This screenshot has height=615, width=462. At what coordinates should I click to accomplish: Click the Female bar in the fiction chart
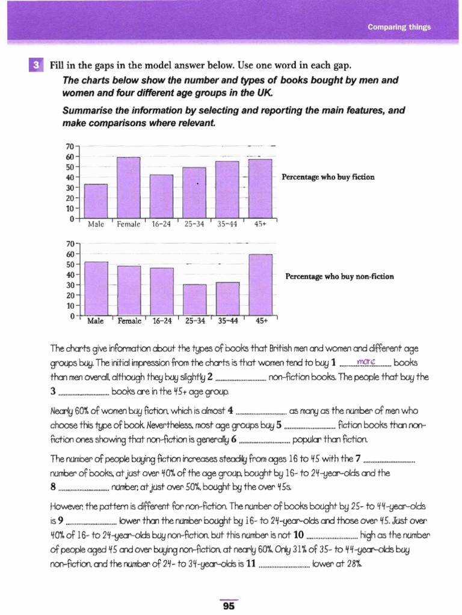pos(128,187)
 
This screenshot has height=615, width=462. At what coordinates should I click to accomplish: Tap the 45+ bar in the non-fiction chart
pos(260,285)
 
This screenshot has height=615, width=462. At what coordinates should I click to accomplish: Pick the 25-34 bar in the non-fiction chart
pos(194,300)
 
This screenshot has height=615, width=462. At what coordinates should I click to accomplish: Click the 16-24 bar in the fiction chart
pos(161,196)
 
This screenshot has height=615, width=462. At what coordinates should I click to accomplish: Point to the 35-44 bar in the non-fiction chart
pos(227,298)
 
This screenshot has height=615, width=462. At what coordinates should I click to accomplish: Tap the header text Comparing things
pos(399,27)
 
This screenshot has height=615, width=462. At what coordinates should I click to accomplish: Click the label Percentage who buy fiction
pos(328,177)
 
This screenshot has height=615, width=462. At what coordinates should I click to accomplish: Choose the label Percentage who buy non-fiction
pos(340,276)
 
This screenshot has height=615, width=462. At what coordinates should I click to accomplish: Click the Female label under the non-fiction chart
pos(129,321)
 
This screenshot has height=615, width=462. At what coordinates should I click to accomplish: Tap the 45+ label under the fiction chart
pos(260,224)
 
